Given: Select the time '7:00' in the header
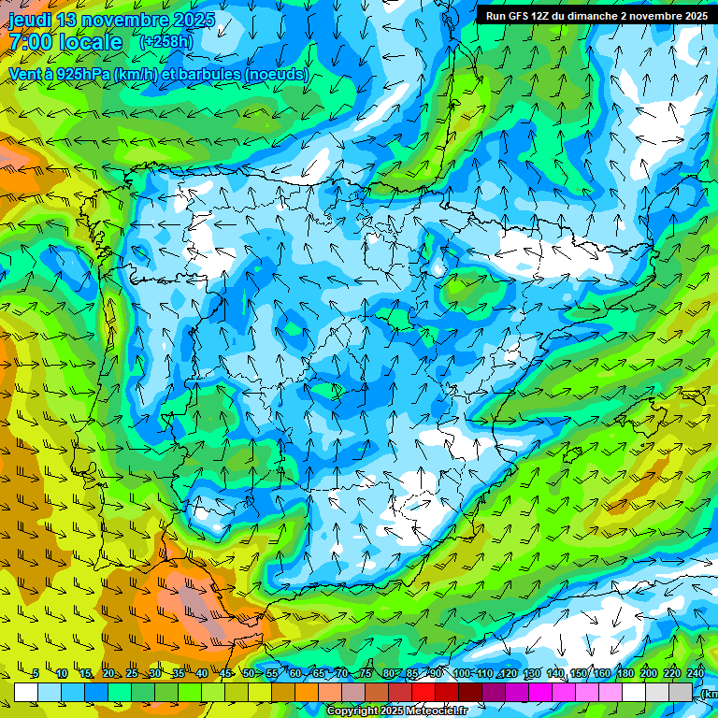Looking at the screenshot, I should [x=32, y=43].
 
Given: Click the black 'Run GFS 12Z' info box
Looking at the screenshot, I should [x=596, y=15].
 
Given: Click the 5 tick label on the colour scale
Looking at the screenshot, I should [x=36, y=674].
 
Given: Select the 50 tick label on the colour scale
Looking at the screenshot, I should [x=248, y=674].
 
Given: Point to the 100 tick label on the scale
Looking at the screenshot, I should [x=462, y=674].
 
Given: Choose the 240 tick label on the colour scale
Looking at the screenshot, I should [x=696, y=674].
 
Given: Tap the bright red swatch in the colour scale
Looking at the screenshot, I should [x=424, y=692].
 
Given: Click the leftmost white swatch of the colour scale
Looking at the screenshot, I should [x=26, y=692].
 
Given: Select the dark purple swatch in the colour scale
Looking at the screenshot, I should [x=494, y=692].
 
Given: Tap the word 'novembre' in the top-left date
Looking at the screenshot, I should [x=125, y=20].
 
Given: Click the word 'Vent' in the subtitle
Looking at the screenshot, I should [x=27, y=74].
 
